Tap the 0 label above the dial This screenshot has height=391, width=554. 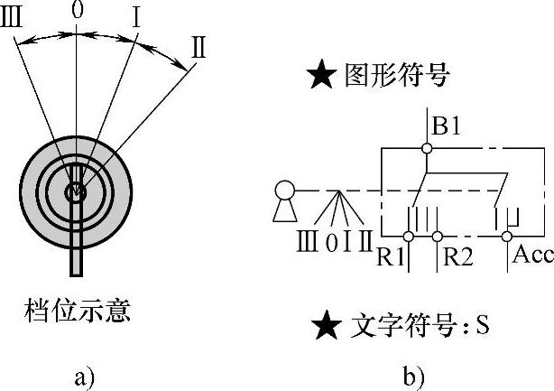[x=76, y=13]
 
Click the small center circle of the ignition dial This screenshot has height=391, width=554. [x=77, y=190]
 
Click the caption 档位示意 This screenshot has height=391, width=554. [x=77, y=312]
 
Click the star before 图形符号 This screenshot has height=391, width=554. [x=323, y=77]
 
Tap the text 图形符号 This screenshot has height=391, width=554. [x=397, y=77]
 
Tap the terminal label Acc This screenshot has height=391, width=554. [x=532, y=255]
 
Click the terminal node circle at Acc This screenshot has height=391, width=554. [x=506, y=237]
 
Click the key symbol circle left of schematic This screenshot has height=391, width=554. [x=285, y=191]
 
